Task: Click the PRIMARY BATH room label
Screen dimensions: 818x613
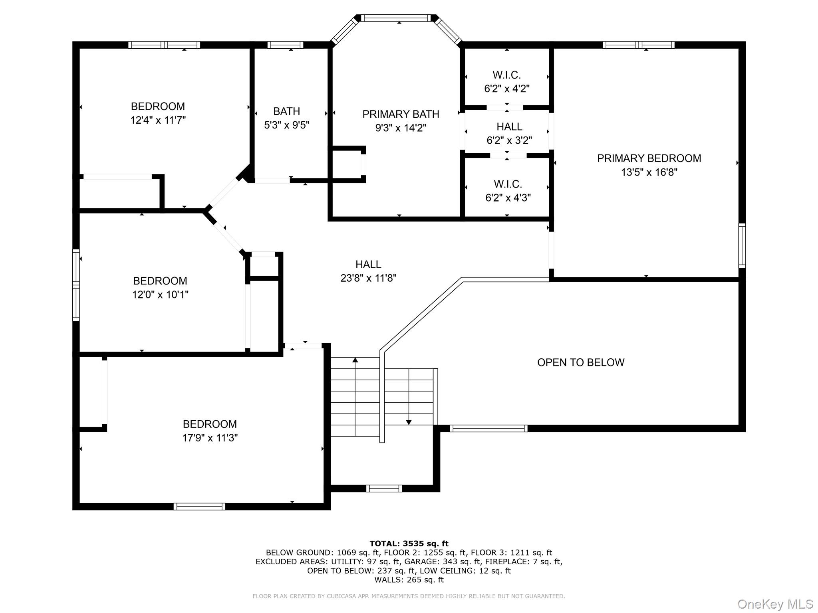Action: pos(401,114)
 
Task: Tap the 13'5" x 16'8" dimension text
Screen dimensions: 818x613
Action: pos(649,172)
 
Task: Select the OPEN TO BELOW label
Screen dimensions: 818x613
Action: pos(581,362)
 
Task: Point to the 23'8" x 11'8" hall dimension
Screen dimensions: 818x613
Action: pos(368,278)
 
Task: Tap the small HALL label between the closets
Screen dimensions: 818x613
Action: pos(509,127)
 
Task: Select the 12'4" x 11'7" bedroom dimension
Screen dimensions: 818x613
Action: pos(158,120)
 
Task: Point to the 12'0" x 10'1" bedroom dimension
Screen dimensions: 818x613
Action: pos(160,295)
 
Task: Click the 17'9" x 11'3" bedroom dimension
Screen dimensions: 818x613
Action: pos(210,438)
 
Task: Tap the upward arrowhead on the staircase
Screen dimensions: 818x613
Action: pos(355,360)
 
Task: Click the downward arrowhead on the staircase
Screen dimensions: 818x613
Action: pos(409,422)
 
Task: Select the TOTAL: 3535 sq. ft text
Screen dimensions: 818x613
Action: pos(409,544)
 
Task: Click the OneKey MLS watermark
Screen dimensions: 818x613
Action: pos(775,604)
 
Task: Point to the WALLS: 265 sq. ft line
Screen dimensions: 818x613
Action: pos(409,580)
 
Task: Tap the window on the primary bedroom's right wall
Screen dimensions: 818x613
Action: pos(742,245)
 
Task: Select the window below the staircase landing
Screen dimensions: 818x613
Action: pos(384,488)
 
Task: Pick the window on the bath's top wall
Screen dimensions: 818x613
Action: pos(285,45)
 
